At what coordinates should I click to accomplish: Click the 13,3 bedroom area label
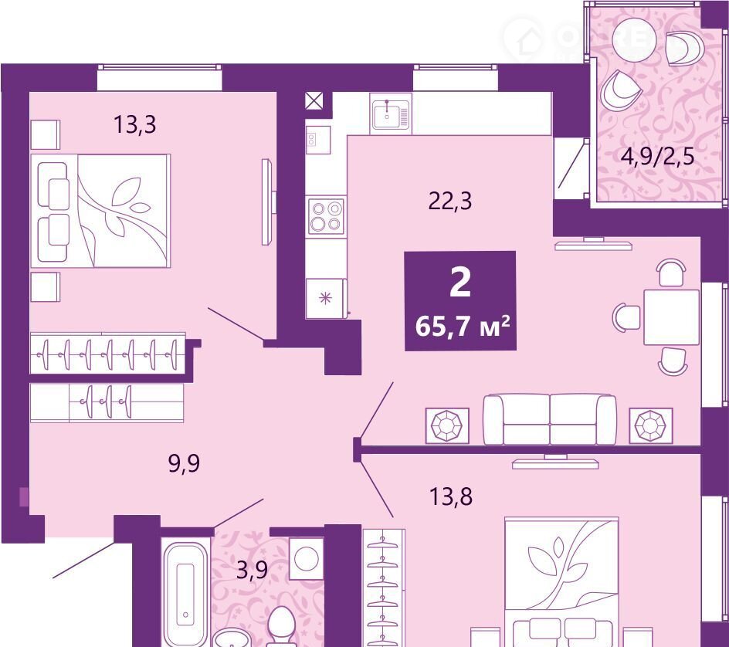click(135, 124)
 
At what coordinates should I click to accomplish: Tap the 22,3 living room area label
click(449, 202)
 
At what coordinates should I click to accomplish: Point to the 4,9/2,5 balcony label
click(657, 157)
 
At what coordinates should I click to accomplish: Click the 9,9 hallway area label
click(184, 463)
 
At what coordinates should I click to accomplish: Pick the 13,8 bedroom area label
click(450, 496)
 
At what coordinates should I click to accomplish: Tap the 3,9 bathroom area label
click(253, 570)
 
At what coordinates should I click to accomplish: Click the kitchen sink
click(391, 114)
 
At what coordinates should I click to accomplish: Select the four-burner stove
click(327, 216)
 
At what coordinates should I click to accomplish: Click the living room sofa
click(550, 419)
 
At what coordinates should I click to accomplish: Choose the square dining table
click(671, 317)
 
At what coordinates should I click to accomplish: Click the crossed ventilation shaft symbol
click(315, 101)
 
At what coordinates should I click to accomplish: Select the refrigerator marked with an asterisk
click(326, 298)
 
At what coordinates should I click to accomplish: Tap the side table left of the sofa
click(447, 425)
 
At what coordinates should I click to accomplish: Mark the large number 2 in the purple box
click(460, 283)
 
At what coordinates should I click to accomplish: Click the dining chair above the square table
click(672, 273)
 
